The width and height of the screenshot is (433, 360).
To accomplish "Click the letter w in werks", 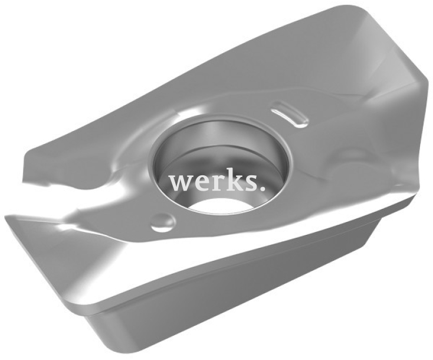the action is tap(181, 182).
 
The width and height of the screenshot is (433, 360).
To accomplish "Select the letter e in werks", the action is tap(200, 182).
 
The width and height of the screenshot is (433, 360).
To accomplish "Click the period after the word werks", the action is tap(261, 188).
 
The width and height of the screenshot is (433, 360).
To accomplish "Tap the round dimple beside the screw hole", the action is tap(163, 221).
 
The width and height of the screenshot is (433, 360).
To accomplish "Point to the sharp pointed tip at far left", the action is tap(6, 217).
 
